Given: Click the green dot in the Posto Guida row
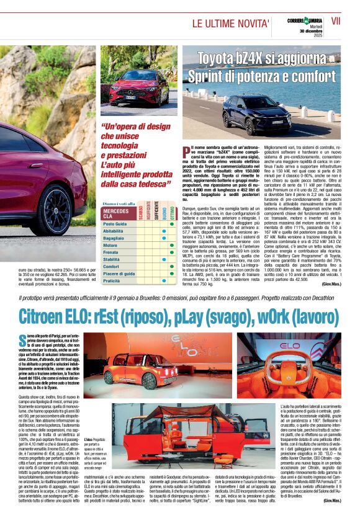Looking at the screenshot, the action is [x=171, y=223].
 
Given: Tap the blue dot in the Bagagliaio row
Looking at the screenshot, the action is [x=163, y=238].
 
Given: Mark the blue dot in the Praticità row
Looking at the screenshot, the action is [x=163, y=281].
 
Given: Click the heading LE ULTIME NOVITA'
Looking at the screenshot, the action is [x=230, y=24].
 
